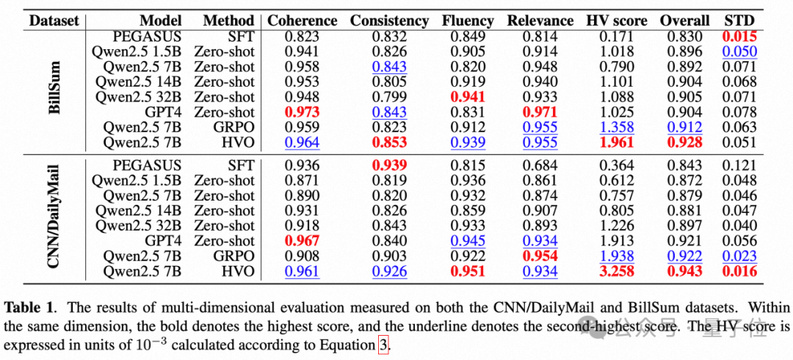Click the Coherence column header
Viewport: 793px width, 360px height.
click(x=302, y=21)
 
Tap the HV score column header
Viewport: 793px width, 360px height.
click(x=617, y=21)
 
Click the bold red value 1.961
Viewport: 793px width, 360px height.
click(x=617, y=143)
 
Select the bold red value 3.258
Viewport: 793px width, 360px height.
click(x=617, y=272)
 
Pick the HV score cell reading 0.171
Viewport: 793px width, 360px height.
click(x=617, y=37)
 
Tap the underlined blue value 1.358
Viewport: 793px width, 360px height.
click(x=617, y=127)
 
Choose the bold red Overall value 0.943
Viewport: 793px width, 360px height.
click(x=685, y=272)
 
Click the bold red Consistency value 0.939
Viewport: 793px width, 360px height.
click(x=389, y=166)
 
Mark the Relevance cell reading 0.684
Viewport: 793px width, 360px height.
click(x=540, y=166)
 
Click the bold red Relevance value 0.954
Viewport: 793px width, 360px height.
click(x=540, y=256)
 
